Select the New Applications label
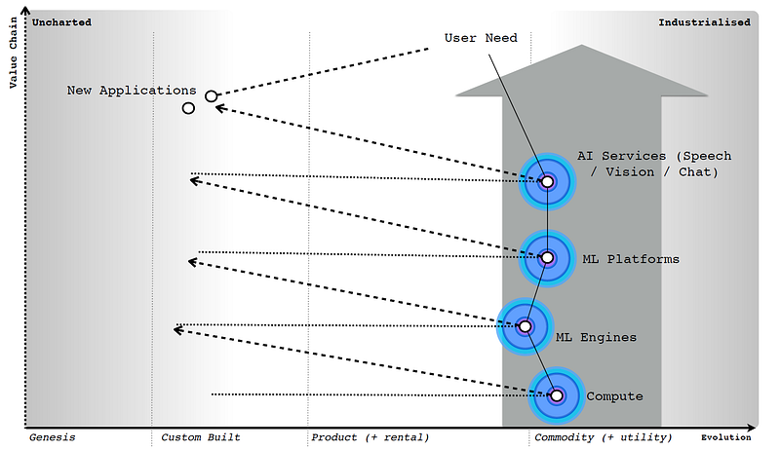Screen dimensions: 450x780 pos(132,91)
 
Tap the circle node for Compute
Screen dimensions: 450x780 pos(557,395)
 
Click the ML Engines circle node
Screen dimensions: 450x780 pos(526,327)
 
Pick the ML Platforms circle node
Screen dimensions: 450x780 pos(547,258)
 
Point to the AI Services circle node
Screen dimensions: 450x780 pos(547,181)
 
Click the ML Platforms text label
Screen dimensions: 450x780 pos(630,259)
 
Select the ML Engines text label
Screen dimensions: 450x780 pos(595,337)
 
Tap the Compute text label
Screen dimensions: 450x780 pos(614,396)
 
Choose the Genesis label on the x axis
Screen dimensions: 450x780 pos(52,437)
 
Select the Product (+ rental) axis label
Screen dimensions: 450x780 pos(370,437)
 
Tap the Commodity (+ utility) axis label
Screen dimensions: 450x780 pos(603,437)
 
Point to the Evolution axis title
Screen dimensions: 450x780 pos(726,437)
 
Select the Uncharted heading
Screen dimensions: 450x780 pos(62,21)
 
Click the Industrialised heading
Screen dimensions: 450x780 pos(704,21)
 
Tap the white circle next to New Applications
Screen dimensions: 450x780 pos(212,96)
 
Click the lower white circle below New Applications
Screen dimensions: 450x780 pos(189,107)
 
